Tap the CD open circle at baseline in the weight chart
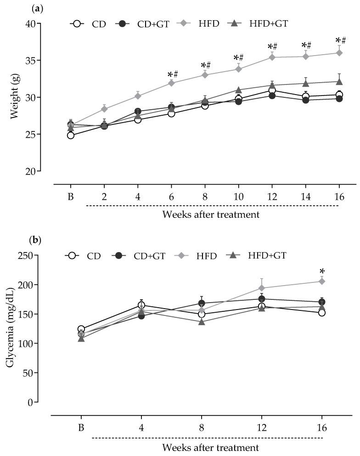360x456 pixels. coord(70,135)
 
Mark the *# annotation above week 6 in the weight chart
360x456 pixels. coord(173,74)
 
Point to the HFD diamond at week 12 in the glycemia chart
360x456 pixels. coord(261,288)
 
